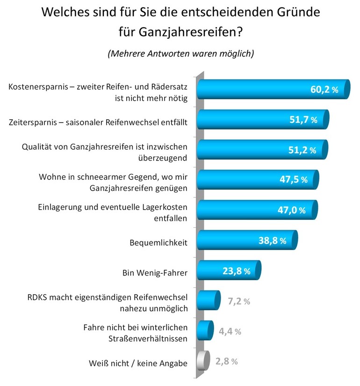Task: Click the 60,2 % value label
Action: tap(324, 90)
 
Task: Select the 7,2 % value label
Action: tap(238, 301)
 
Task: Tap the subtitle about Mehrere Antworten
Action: tap(180, 53)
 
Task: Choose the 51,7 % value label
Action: tap(303, 120)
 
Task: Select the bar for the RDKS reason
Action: tap(207, 300)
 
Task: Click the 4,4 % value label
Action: tap(230, 331)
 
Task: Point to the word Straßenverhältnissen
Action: tap(150, 338)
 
